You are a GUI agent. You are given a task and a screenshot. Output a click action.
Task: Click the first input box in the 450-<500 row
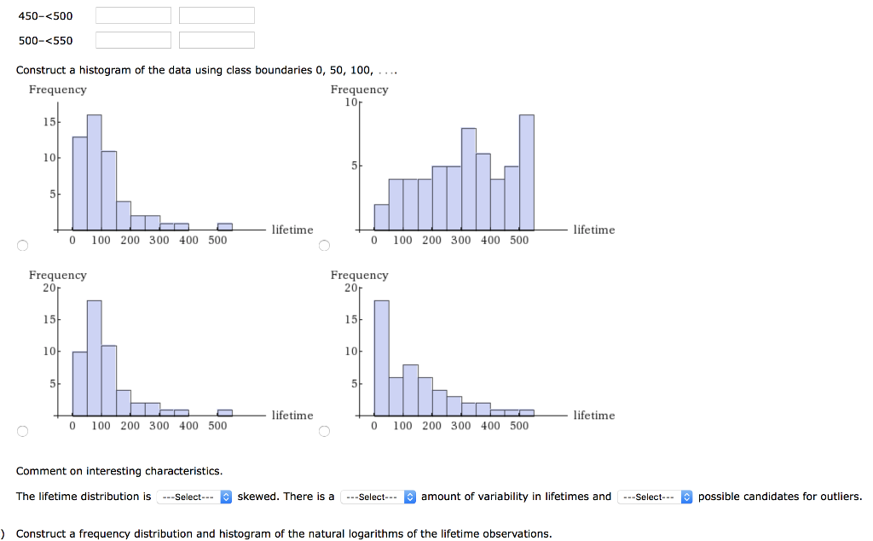(x=133, y=15)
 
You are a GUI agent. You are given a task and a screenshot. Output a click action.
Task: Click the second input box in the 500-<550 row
(x=217, y=40)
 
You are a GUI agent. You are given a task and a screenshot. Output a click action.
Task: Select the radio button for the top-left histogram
(x=22, y=247)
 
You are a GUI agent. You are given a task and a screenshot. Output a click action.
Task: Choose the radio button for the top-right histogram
(x=324, y=247)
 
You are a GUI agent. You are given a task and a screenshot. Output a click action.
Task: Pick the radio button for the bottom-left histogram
(x=22, y=431)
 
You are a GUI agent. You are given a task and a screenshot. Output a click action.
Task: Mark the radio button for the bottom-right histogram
(x=324, y=431)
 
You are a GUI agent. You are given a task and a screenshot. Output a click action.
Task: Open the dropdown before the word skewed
(x=194, y=497)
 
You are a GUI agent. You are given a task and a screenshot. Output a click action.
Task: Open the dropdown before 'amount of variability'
(x=378, y=497)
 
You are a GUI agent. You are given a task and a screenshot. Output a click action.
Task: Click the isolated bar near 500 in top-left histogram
(x=224, y=226)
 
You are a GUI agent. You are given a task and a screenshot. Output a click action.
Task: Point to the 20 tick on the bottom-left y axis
(x=49, y=288)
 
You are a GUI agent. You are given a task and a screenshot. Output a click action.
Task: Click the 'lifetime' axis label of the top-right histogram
(x=593, y=230)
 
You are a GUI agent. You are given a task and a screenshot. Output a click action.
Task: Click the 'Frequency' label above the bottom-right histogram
(x=359, y=275)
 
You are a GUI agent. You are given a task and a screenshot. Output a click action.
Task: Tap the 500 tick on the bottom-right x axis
(x=519, y=425)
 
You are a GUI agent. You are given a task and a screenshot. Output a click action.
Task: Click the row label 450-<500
(x=46, y=15)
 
